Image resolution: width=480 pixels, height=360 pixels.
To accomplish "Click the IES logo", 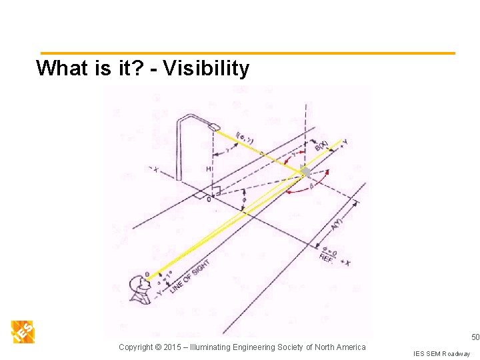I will [23, 331].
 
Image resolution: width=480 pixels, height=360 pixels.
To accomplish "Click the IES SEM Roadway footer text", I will [441, 353].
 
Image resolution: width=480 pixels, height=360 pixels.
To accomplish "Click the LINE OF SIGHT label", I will [190, 275].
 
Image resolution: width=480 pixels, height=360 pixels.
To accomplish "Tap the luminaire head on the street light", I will [214, 126].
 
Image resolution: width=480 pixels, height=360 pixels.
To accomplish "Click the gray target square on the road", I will [305, 172].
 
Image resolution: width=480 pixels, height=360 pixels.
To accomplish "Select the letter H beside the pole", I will [209, 169].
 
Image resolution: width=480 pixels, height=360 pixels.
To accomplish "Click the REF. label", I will [327, 257].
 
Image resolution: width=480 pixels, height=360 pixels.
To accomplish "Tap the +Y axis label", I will [343, 142].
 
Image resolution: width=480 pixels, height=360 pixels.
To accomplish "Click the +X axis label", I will [344, 262].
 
